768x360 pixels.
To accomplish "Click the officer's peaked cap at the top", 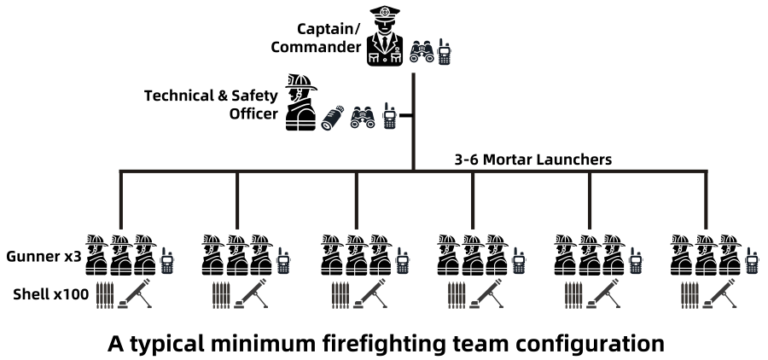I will coord(385,15).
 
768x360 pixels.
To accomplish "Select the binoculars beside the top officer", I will coord(421,53).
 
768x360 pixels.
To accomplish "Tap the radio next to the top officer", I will coord(444,52).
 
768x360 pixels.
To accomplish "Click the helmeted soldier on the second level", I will coord(300,103).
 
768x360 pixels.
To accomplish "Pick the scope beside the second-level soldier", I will coord(333,117).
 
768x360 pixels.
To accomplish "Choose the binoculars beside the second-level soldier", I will coord(363,117).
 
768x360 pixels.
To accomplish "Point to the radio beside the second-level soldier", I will coord(389,116).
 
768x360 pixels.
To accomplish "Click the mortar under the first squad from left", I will coord(134,295).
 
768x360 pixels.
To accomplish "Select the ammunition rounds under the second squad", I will coord(221,295).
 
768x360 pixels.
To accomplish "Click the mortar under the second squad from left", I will coord(251,295).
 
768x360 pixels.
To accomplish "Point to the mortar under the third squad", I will coord(369,295).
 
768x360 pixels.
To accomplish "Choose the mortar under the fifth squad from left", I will coord(602,295).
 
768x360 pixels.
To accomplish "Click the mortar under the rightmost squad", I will coord(719,295).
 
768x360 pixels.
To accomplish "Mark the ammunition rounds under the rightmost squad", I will coord(690,295).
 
